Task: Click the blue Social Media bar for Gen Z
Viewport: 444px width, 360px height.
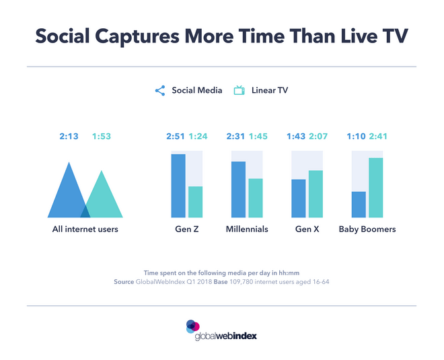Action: pos(178,186)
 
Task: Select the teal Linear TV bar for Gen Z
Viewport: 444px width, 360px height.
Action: pos(195,202)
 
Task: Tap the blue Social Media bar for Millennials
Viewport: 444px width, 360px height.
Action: pos(238,190)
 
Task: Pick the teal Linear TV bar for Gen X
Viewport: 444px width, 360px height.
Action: pos(316,194)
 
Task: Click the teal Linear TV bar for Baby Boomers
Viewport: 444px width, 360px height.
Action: pos(375,188)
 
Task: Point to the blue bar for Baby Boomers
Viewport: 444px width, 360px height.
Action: pos(359,205)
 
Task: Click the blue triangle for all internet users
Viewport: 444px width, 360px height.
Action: pos(67,195)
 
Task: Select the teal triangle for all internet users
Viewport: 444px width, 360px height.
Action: pos(104,199)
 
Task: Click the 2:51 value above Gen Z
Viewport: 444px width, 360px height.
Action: pos(176,137)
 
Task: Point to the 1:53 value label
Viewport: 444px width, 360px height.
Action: pos(102,137)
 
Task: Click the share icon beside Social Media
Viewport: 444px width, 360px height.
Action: pos(160,90)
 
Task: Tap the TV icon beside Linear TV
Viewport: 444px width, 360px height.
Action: pos(238,90)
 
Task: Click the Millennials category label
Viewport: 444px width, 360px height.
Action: pos(247,229)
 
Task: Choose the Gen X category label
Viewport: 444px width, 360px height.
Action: pos(307,229)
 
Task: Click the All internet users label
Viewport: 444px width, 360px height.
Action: pos(85,229)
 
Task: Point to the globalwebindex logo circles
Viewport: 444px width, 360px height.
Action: pos(193,326)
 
